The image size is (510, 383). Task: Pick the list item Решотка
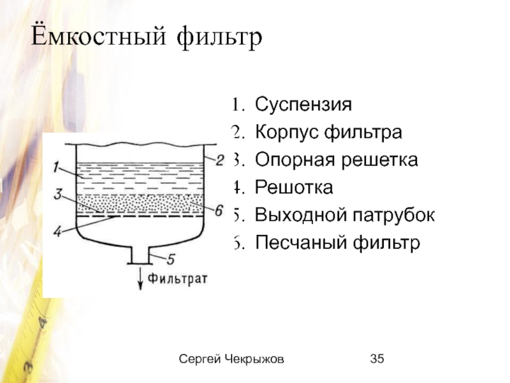294,188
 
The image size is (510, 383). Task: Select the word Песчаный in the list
296,243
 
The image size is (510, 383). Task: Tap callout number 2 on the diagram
219,160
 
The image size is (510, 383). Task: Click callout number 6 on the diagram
218,210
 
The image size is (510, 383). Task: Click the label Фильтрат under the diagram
178,278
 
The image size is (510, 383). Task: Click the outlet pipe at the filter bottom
140,255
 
